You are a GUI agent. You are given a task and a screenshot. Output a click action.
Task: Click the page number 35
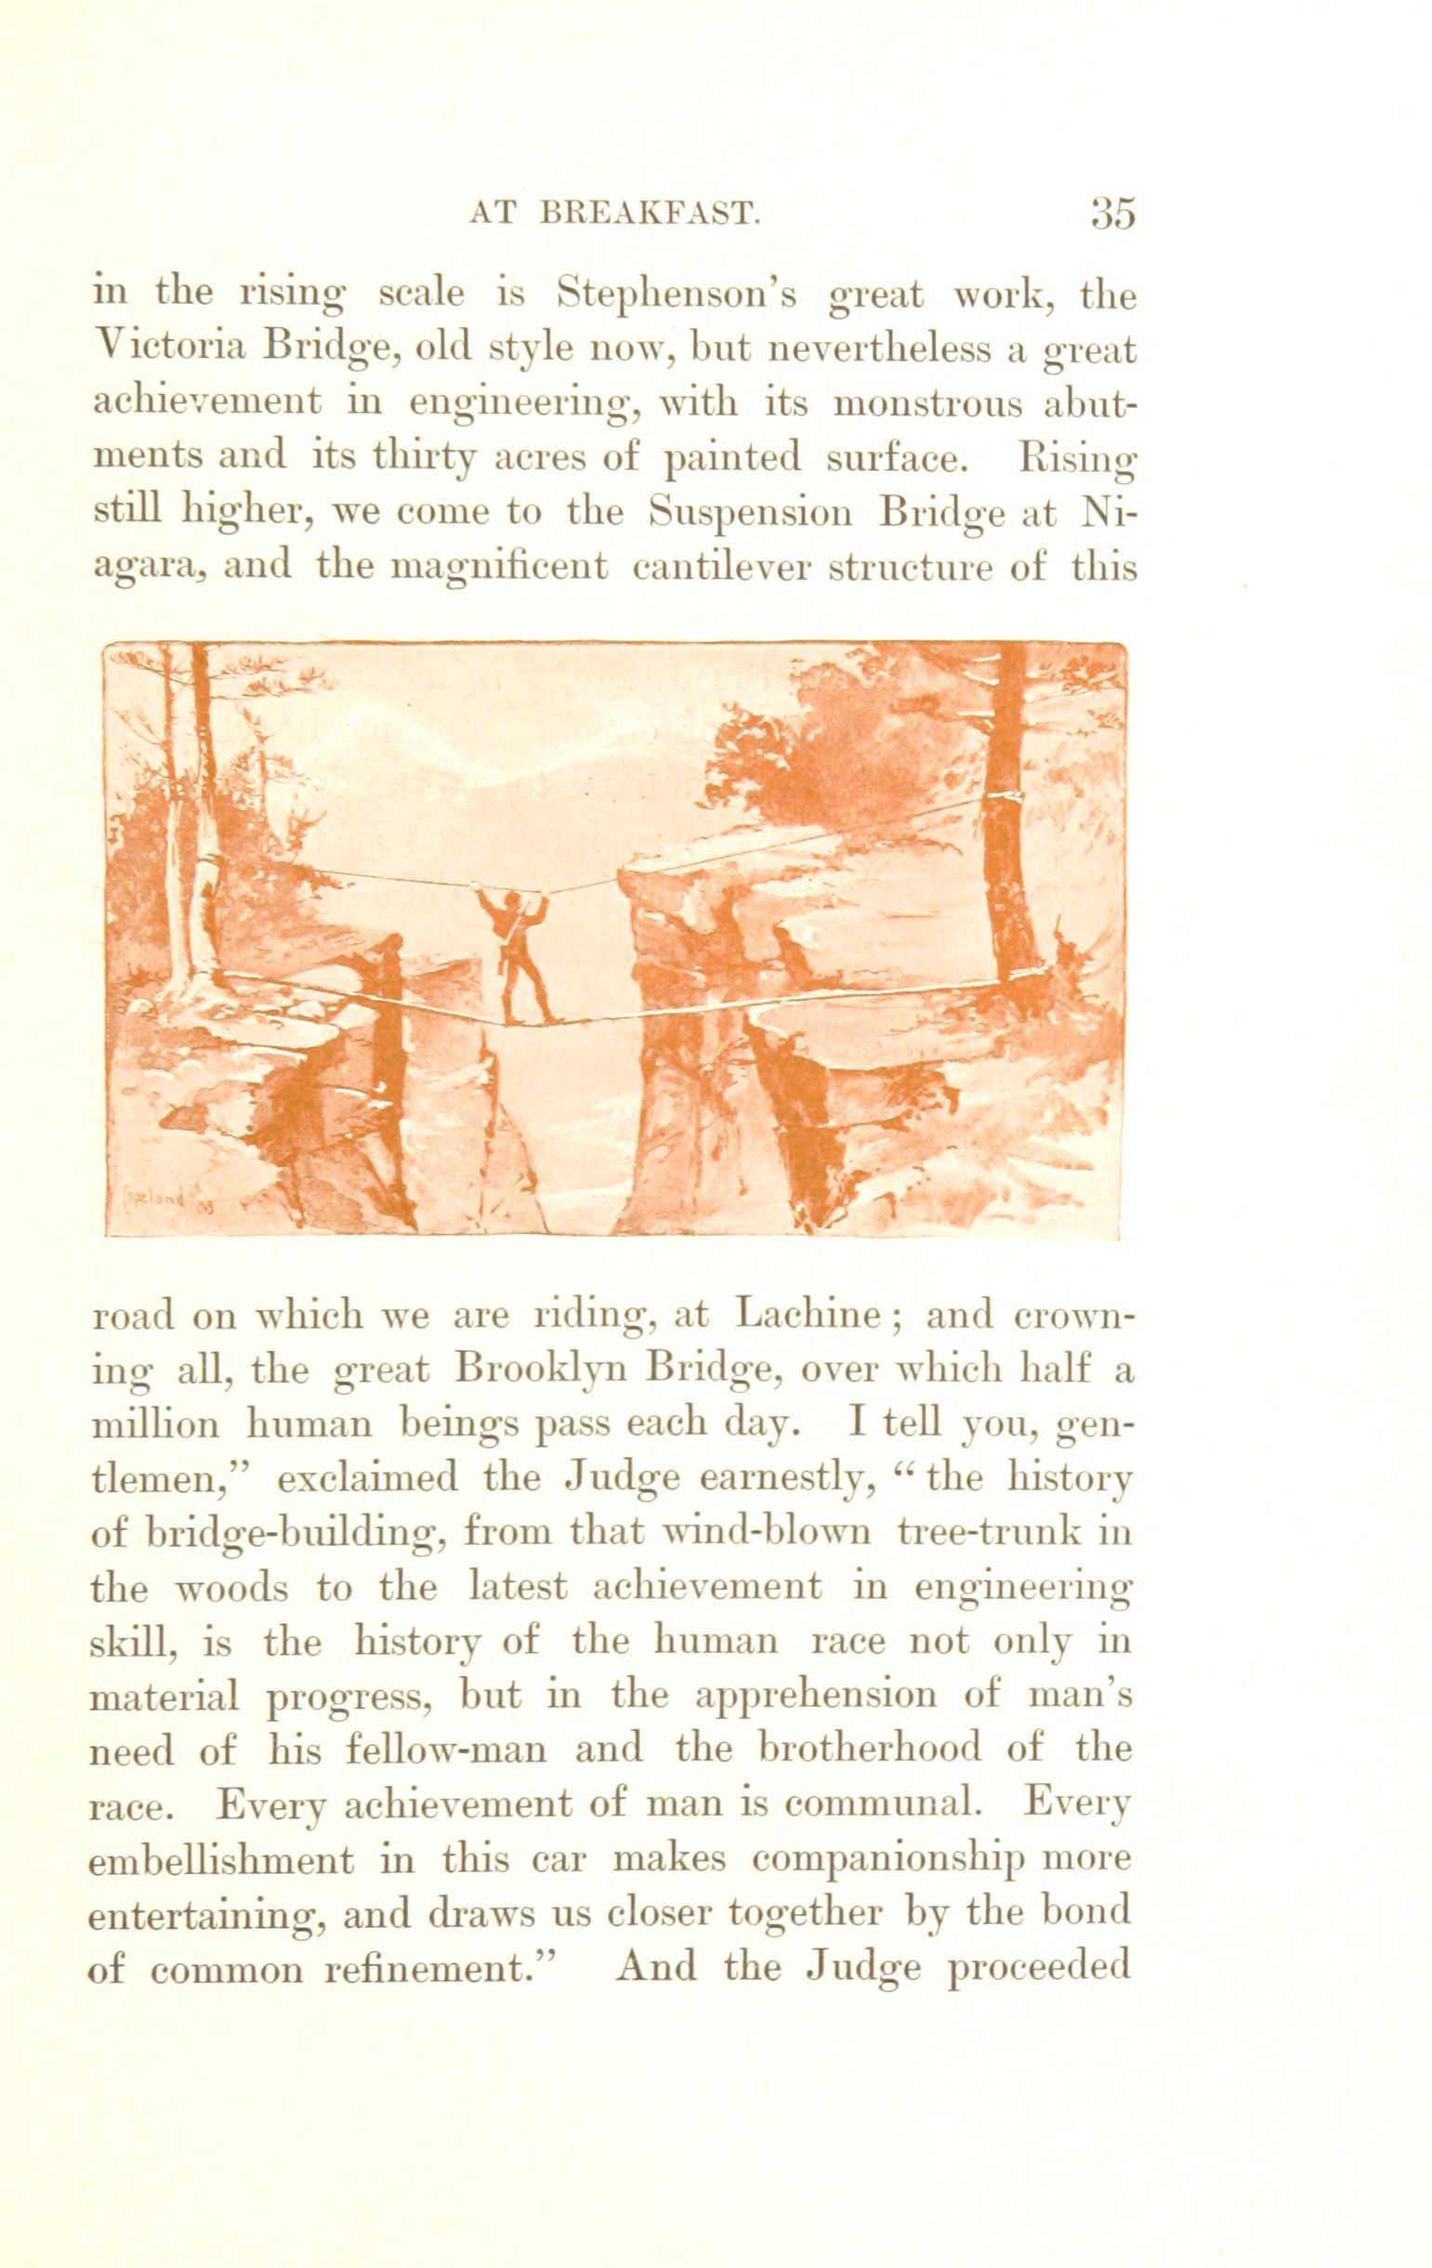(x=1112, y=215)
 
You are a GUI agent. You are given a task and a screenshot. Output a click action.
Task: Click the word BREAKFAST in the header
(x=650, y=215)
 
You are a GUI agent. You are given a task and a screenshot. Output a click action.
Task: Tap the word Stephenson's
(x=677, y=296)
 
